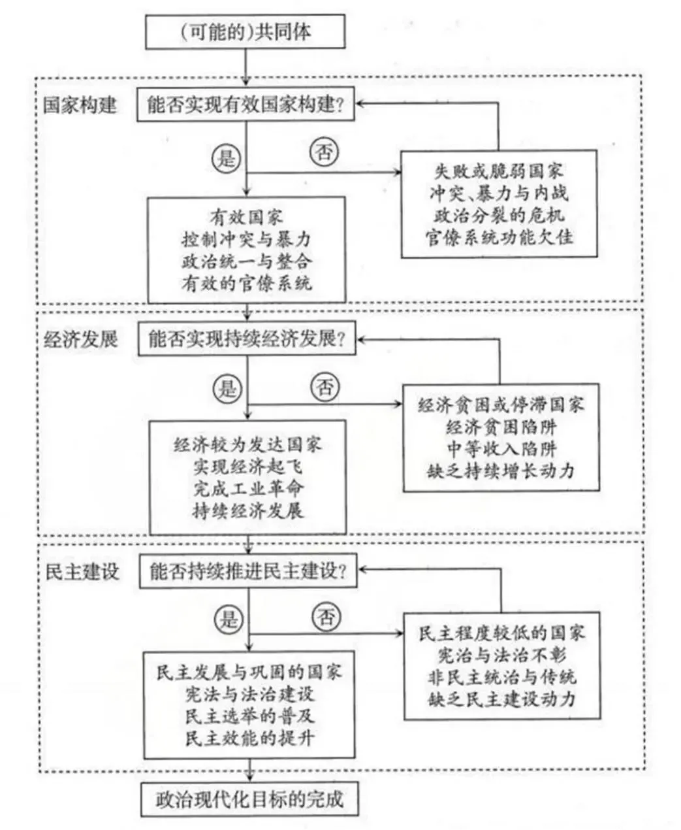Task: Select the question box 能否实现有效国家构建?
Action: [x=245, y=105]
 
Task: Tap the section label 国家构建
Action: [x=80, y=105]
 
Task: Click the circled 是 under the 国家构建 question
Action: [x=226, y=158]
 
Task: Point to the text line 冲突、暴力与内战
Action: [x=499, y=193]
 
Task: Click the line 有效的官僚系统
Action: [x=247, y=282]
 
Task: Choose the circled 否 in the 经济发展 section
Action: [x=325, y=388]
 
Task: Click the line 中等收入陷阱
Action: [x=501, y=449]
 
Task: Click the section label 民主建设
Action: [x=82, y=571]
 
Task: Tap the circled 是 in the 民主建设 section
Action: [x=228, y=618]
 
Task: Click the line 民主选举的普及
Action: [x=249, y=716]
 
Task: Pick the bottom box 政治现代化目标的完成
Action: [x=249, y=799]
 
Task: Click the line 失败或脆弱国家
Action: [x=499, y=172]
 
